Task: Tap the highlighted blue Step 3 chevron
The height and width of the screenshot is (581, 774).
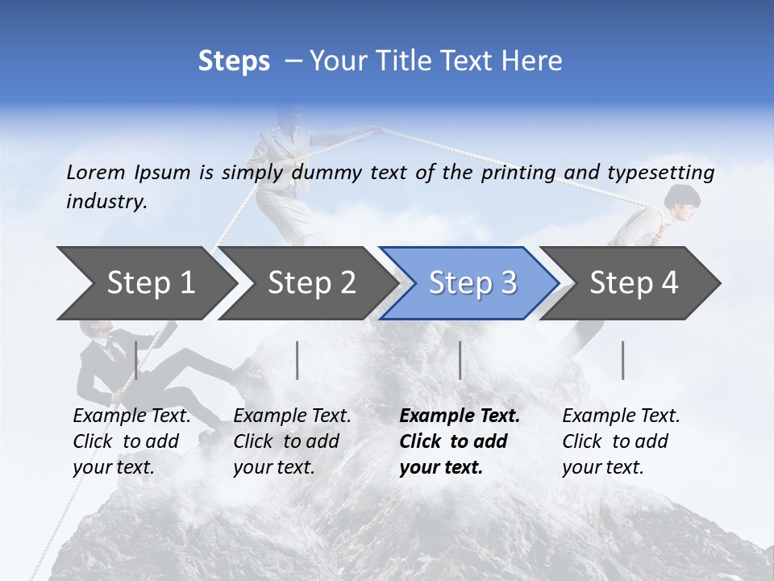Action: (472, 283)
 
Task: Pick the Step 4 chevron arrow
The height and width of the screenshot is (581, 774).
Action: (634, 283)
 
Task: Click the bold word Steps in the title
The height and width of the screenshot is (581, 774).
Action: (234, 61)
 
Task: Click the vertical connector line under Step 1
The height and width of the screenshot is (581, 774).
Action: (136, 360)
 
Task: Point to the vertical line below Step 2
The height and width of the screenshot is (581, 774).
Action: (298, 360)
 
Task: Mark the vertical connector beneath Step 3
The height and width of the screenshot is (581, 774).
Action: (460, 360)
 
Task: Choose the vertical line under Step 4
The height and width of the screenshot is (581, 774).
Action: (623, 360)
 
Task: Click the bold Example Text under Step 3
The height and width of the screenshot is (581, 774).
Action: (460, 416)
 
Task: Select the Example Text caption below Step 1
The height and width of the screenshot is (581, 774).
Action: (131, 416)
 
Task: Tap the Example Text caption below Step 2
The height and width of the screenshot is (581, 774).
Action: (292, 416)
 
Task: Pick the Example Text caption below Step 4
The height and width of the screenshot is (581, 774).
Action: (621, 416)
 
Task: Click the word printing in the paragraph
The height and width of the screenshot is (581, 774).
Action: (518, 173)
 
